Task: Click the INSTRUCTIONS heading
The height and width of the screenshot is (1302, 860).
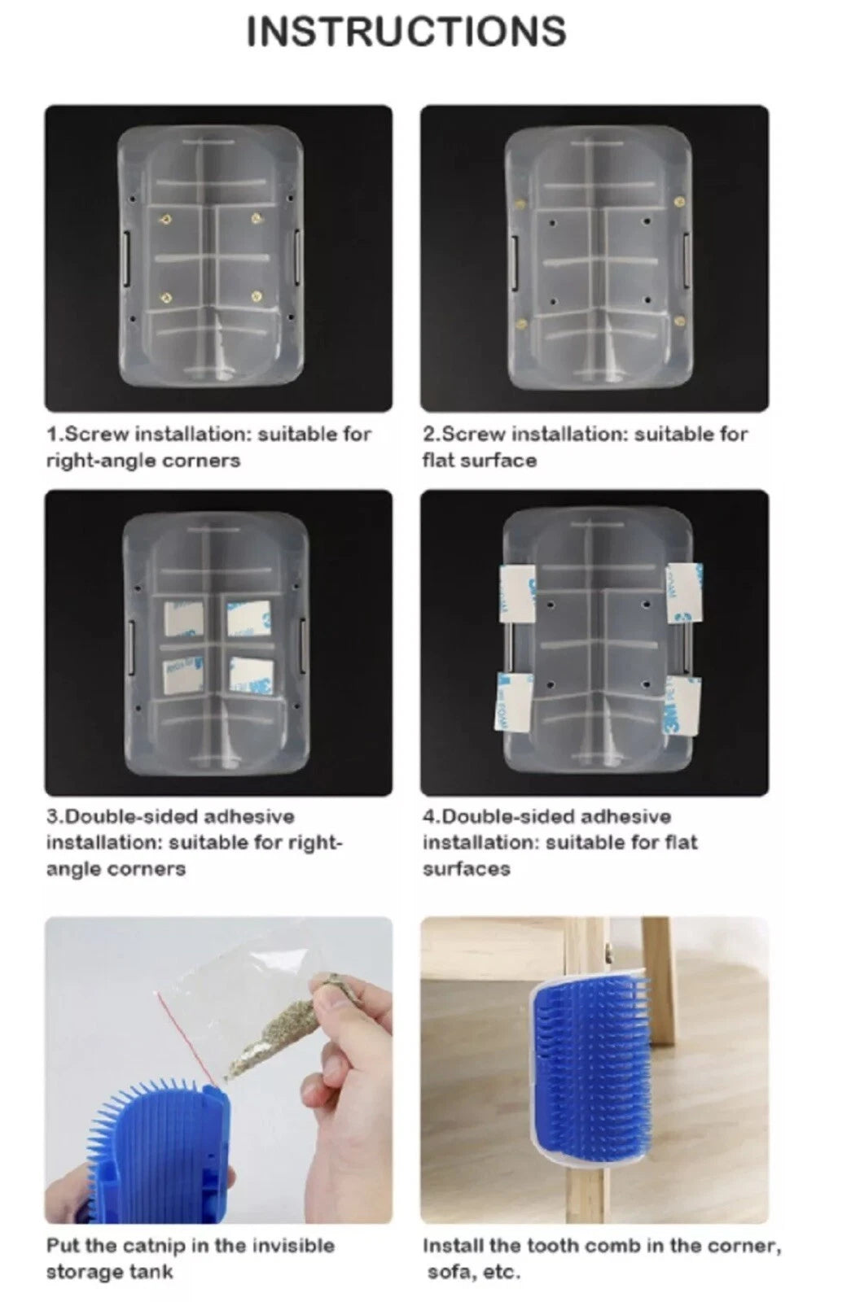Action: click(x=406, y=32)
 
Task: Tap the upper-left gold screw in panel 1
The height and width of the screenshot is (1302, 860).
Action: click(x=166, y=220)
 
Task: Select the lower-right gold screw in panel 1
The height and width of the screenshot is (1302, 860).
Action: click(x=256, y=297)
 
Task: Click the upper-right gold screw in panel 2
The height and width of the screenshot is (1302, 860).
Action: click(x=678, y=202)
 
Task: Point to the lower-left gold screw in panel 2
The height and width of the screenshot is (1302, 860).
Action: click(x=522, y=324)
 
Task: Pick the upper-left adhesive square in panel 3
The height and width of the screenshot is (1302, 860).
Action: click(x=183, y=618)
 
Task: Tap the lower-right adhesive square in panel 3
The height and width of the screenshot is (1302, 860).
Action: click(x=251, y=675)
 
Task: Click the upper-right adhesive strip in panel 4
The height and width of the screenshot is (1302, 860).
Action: click(x=684, y=592)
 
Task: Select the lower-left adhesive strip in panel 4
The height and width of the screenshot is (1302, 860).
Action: click(x=513, y=702)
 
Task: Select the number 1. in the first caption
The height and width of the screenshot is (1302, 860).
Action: click(x=55, y=435)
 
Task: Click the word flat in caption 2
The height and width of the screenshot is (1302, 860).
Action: click(x=438, y=461)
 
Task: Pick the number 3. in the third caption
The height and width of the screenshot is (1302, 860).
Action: click(x=56, y=817)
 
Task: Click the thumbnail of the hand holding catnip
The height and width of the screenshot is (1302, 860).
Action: click(x=218, y=1070)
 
